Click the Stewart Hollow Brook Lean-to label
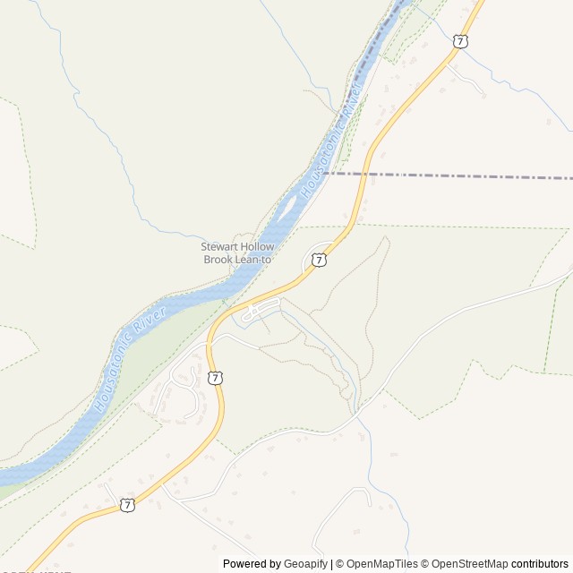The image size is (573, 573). tap(237, 253)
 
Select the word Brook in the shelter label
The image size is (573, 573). tap(218, 260)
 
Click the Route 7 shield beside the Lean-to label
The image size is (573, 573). tap(319, 260)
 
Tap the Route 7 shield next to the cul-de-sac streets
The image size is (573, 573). tap(215, 378)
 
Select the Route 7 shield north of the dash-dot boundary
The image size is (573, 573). tap(460, 41)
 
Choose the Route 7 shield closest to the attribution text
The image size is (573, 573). tap(128, 505)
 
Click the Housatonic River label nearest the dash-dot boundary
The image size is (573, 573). tap(332, 143)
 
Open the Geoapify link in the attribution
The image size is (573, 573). tap(305, 564)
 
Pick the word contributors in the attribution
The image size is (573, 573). tap(540, 564)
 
